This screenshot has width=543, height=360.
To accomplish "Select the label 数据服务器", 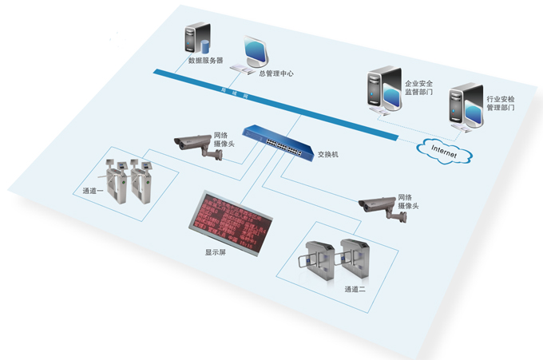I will tap(205, 60).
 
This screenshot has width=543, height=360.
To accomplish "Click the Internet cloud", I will tap(444, 148).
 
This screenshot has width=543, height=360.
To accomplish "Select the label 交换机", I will tap(328, 153).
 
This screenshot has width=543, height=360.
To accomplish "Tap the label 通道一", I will tap(93, 191).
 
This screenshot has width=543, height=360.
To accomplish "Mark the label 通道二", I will tap(355, 287).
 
